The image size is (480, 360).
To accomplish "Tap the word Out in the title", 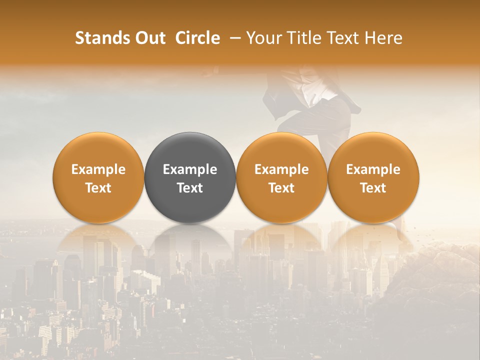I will coord(149,38).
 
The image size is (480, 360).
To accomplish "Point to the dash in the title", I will coord(233,38).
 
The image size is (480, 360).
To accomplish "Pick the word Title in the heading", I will coord(303,38).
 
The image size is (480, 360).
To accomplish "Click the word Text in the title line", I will coord(344,38).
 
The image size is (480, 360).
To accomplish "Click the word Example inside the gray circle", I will coord(190,169).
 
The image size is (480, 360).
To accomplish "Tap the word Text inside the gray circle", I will coord(190,188).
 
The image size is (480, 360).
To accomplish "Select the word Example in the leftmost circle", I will coord(98,169).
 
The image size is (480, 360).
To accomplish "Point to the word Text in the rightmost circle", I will coord(373,188).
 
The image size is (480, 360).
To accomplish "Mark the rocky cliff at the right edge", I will coord(440,280).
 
